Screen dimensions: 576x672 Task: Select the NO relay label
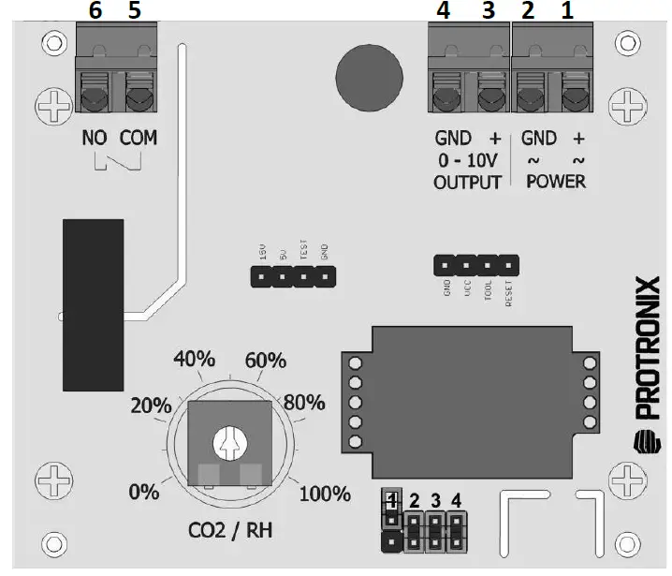coord(95,139)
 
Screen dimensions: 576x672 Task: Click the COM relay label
coord(139,139)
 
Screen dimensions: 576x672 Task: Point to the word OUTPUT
coord(467,183)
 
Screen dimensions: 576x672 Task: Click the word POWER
coord(556,183)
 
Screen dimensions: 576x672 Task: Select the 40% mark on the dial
coord(194,360)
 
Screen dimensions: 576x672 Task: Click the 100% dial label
coord(325,493)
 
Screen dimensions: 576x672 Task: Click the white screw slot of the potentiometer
coord(228,440)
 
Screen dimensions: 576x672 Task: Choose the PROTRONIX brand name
coord(647,347)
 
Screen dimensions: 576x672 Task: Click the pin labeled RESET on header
coord(509,265)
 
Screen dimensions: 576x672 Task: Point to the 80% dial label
coord(304,403)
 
